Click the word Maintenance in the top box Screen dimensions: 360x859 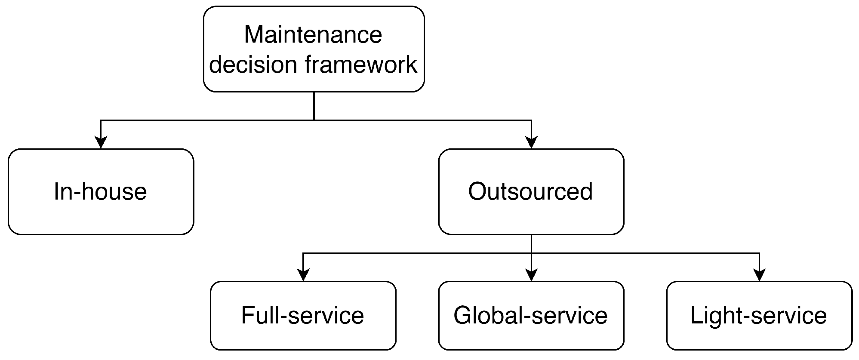point(313,35)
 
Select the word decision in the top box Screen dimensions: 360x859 point(253,65)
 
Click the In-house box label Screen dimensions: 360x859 point(100,191)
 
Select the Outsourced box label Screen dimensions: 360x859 point(530,191)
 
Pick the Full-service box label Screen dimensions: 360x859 point(302,315)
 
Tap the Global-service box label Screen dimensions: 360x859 point(530,315)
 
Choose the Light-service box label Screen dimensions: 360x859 point(758,315)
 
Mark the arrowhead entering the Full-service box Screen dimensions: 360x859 point(303,275)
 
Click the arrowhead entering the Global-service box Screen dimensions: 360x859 point(532,275)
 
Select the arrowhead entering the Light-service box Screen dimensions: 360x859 point(760,275)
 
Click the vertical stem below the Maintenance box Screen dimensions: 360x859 point(314,105)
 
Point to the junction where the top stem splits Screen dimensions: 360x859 point(314,120)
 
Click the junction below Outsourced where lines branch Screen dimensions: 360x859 point(532,253)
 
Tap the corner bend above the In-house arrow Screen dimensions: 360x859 point(101,120)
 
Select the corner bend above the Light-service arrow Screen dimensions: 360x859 point(760,253)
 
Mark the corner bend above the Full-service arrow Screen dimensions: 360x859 point(303,253)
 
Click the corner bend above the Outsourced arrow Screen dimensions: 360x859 point(532,120)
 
